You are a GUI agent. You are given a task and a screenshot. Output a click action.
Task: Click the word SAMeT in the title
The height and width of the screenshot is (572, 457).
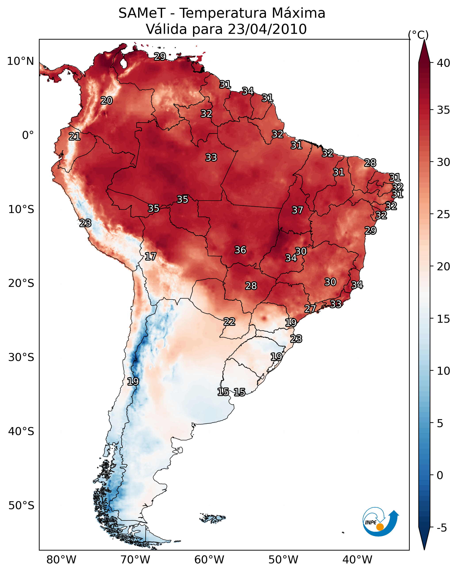(142, 13)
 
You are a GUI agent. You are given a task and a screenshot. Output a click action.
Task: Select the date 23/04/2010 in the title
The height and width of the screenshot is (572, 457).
(267, 29)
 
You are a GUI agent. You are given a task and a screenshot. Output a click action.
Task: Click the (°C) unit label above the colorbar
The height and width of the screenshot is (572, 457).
(418, 35)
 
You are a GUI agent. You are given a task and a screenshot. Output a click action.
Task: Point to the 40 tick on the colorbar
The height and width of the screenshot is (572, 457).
(444, 63)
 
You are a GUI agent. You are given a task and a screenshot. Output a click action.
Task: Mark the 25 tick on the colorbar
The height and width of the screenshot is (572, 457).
(444, 214)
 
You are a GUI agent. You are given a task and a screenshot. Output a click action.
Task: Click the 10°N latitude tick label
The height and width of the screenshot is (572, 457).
(20, 61)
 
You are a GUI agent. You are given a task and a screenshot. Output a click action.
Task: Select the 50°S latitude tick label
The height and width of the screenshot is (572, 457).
(21, 506)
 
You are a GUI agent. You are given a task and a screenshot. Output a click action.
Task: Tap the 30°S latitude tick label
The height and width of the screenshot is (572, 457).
(21, 357)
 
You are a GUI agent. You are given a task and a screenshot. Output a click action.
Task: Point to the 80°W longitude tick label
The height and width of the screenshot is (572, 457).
(61, 560)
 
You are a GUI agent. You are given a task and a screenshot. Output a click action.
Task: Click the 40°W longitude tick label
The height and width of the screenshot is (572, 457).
(357, 560)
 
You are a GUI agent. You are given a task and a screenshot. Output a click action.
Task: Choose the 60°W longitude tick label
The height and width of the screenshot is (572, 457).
(209, 560)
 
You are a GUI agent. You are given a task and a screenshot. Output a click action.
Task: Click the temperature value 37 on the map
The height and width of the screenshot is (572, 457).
(297, 210)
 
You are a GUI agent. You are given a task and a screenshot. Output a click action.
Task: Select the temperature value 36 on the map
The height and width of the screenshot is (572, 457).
(240, 250)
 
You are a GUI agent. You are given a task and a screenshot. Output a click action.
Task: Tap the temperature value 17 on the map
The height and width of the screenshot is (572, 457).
(150, 256)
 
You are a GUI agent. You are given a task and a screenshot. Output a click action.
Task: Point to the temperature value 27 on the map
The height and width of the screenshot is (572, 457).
(310, 309)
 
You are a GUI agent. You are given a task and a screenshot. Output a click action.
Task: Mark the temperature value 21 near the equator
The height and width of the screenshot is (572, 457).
(75, 136)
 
